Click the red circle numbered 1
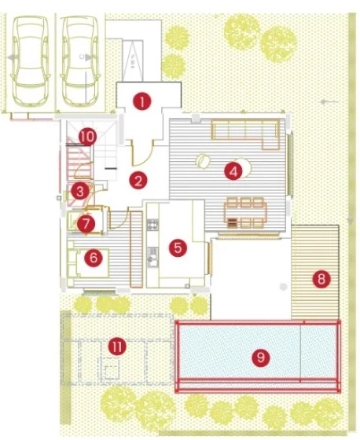pyautogui.click(x=142, y=101)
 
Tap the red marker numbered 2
pyautogui.click(x=138, y=181)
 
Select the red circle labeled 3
pyautogui.click(x=80, y=192)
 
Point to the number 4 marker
pyautogui.click(x=233, y=171)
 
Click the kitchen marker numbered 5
pyautogui.click(x=178, y=247)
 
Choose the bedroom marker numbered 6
pyautogui.click(x=94, y=257)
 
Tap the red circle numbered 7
pyautogui.click(x=86, y=224)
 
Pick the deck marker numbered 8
pyautogui.click(x=321, y=279)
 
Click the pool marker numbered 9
pyautogui.click(x=261, y=357)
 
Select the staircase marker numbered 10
pyautogui.click(x=87, y=137)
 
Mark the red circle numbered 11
pyautogui.click(x=117, y=346)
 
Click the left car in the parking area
pyautogui.click(x=30, y=61)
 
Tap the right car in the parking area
pyautogui.click(x=81, y=61)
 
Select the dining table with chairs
pyautogui.click(x=245, y=213)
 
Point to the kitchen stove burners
pyautogui.click(x=152, y=225)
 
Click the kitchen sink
pyautogui.click(x=152, y=256)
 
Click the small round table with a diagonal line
pyautogui.click(x=203, y=161)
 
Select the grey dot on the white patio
pyautogui.click(x=283, y=287)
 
